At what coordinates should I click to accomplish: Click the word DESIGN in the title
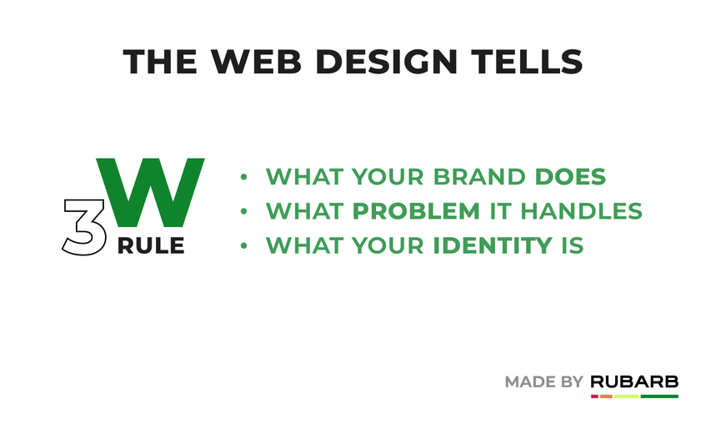tap(386, 61)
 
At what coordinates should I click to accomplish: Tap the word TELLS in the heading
tap(527, 61)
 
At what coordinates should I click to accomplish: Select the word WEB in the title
tap(256, 61)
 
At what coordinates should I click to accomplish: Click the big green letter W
tap(150, 193)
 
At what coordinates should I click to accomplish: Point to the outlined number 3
tap(84, 227)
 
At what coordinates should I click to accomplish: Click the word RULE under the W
tap(151, 246)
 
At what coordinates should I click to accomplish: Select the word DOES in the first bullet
tap(570, 176)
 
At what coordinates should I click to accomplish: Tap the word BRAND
tap(478, 176)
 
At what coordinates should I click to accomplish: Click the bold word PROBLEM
tap(416, 211)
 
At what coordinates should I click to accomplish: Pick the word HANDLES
tap(581, 211)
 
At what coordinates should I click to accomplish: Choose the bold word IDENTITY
tap(493, 246)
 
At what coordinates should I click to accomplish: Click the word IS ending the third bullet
tap(573, 246)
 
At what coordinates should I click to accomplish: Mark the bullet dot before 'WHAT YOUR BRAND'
tap(243, 177)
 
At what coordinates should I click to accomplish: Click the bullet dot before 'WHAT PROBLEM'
tap(243, 211)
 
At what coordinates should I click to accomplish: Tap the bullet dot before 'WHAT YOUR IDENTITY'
tap(243, 246)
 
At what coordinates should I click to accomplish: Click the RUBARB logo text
tap(634, 381)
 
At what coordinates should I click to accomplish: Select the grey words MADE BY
tap(544, 382)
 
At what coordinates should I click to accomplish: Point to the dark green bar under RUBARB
tap(659, 396)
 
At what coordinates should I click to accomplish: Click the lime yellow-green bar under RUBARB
tap(626, 396)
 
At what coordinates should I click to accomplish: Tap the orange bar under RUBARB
tap(606, 396)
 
